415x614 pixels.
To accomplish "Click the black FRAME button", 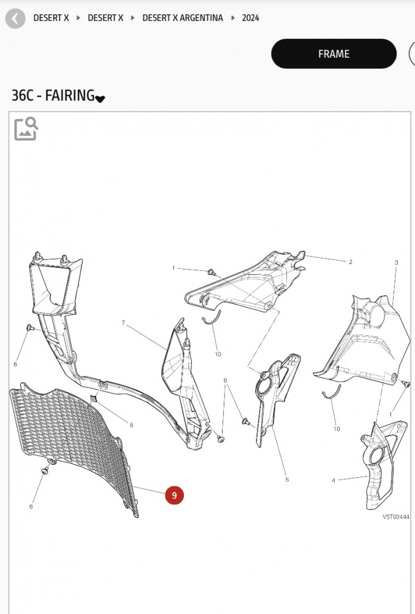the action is coord(333,53).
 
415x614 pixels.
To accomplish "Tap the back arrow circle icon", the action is coord(15,18).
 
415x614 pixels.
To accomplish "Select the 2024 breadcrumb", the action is coord(251,18).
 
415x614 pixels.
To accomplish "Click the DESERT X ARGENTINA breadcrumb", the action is coord(183,18).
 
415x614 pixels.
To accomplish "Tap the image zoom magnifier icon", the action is coord(26,128).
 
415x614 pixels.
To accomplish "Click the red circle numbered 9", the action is coord(174,495).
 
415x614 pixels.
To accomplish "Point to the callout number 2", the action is coord(351,262).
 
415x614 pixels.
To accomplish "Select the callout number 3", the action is coord(396,262).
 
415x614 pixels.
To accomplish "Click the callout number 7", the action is coord(123,323).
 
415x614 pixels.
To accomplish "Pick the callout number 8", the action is coord(131,426).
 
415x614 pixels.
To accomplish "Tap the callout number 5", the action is coord(287,480).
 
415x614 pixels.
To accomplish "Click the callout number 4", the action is coord(333,481).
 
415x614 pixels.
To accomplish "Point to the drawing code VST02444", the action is coord(396,517).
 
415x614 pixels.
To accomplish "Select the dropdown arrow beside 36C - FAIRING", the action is coord(100,99).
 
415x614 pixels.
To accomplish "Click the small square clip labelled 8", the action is coord(93,399).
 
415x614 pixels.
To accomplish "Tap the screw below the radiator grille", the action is coord(45,470).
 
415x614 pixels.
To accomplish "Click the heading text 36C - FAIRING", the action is coord(53,95).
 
